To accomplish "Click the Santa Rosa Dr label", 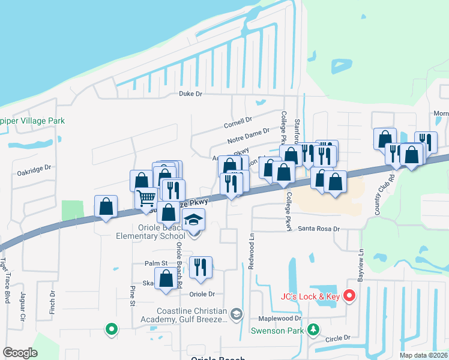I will tap(319, 229).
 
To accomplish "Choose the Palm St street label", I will tap(155, 263).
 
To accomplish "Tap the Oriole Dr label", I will tap(202, 294).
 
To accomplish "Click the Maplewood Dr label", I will tap(279, 319).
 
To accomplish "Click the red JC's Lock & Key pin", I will tap(350, 296).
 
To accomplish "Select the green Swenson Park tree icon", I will tap(312, 329).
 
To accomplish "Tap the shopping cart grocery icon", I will tap(146, 198).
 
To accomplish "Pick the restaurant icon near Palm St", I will tap(200, 267).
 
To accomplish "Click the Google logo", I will tap(20, 353).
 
